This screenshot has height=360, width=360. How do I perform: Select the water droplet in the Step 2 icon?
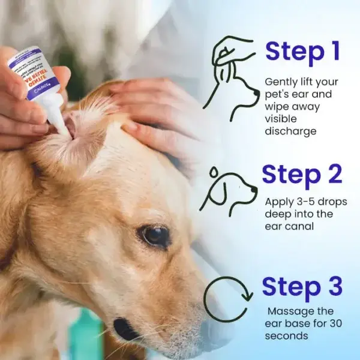point(213,172)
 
